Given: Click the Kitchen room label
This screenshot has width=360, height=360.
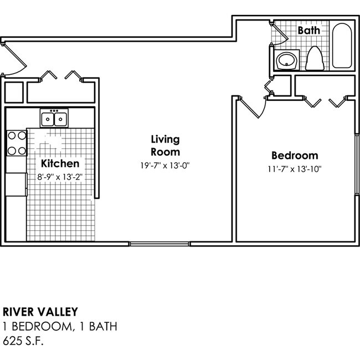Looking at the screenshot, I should point(60,163).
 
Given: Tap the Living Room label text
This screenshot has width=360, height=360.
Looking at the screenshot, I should point(165,145).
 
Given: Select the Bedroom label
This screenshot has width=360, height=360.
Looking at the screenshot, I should point(294,156).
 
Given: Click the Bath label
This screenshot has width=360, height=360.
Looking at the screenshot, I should point(308,30).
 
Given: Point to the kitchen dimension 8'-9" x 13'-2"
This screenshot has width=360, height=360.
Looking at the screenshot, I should point(60,177).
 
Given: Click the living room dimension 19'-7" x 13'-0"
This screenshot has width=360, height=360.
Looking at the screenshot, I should point(165,165).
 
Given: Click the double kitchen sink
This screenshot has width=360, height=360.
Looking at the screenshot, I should point(54,119).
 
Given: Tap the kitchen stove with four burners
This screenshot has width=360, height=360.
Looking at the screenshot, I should point(16,142).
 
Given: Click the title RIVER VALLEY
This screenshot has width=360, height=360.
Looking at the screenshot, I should point(40,312).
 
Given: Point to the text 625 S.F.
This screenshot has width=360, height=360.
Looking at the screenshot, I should point(23,340).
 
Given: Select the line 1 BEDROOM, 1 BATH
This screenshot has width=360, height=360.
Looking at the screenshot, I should point(60,326).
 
